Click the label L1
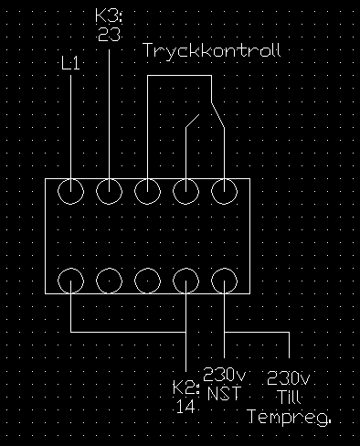tap(70, 62)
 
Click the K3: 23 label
tap(109, 25)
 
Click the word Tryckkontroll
tap(212, 50)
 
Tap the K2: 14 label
tap(186, 397)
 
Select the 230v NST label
tap(224, 384)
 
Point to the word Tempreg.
tap(289, 417)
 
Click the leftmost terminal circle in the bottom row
tap(58, 281)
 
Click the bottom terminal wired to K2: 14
tap(173, 281)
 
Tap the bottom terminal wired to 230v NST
tap(211, 281)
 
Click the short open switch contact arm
tap(192, 121)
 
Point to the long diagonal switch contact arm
tap(217, 115)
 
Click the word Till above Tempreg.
tap(289, 397)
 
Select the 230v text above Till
tap(288, 378)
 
